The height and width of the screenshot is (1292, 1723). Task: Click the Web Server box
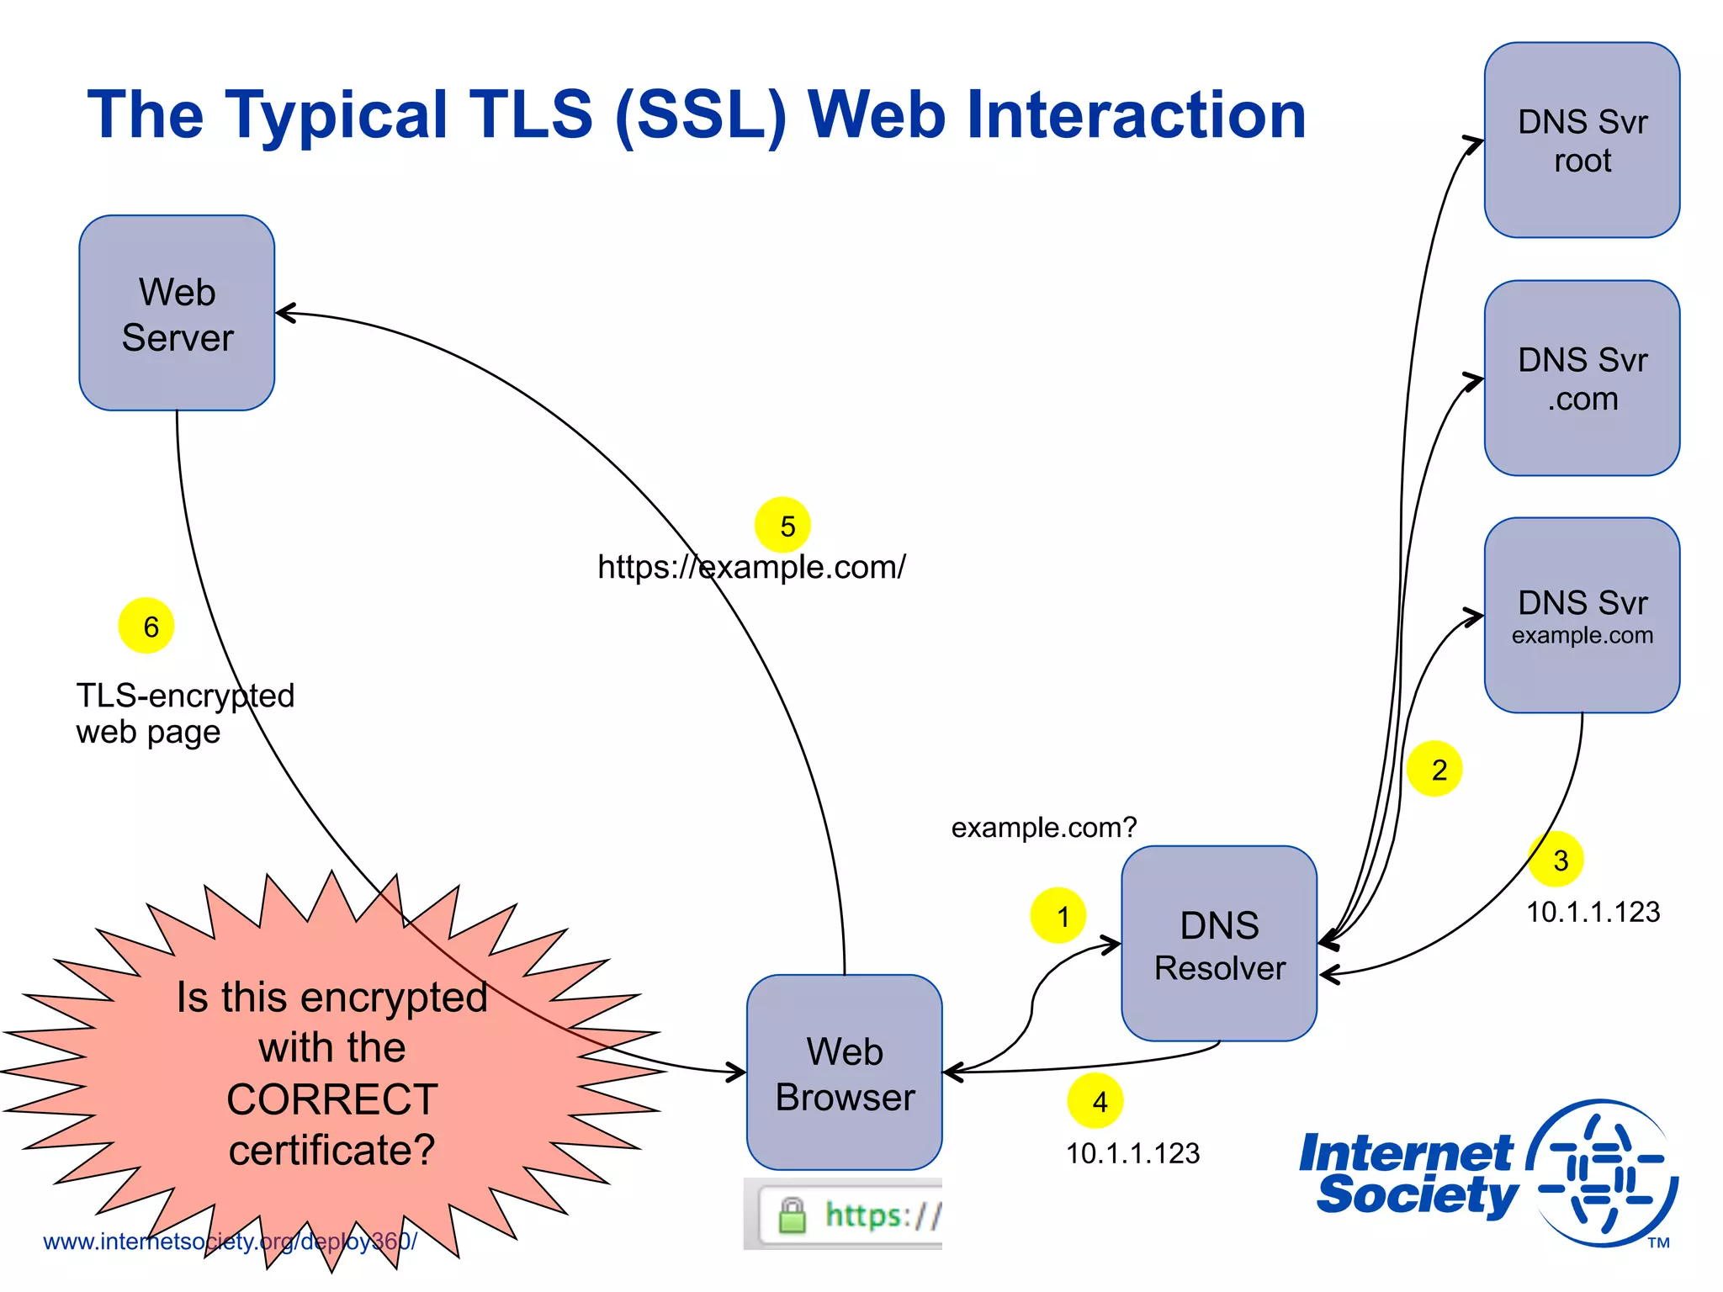click(177, 313)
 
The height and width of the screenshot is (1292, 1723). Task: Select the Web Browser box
click(844, 1072)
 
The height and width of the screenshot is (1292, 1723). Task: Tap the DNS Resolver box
click(1219, 944)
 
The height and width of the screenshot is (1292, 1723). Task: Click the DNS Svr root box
click(1582, 140)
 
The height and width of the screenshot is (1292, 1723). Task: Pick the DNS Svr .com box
click(1582, 379)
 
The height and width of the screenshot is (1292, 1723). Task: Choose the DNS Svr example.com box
click(1582, 616)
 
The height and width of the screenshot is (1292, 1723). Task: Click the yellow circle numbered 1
click(1058, 915)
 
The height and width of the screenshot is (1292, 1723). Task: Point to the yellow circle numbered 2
click(1434, 769)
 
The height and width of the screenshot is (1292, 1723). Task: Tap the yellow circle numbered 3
click(1556, 860)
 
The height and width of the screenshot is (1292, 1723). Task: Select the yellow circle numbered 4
click(1095, 1100)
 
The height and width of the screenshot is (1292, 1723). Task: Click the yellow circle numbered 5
click(782, 525)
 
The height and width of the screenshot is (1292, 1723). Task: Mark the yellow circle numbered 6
click(146, 626)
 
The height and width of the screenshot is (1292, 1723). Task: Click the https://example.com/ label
click(751, 567)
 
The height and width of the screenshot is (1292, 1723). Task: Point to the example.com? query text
click(1043, 828)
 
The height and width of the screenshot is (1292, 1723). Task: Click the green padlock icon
click(792, 1215)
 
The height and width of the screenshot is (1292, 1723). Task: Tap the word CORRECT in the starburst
click(332, 1099)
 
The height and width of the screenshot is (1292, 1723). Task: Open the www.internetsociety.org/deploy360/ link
click(230, 1242)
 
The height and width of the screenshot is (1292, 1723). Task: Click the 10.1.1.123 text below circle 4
click(1132, 1153)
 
